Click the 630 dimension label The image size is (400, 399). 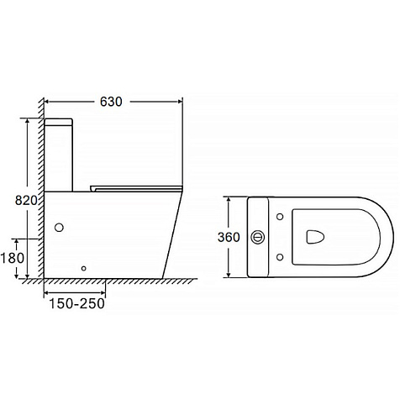(111, 102)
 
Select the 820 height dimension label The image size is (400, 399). (26, 201)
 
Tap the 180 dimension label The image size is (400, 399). (13, 258)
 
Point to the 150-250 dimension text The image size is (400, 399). (76, 303)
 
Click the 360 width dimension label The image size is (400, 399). (229, 238)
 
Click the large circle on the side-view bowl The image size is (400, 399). (59, 228)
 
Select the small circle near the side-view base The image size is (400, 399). (83, 269)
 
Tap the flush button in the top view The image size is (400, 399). (258, 238)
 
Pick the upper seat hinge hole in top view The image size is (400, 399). (280, 217)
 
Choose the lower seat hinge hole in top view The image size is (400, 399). (280, 257)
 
